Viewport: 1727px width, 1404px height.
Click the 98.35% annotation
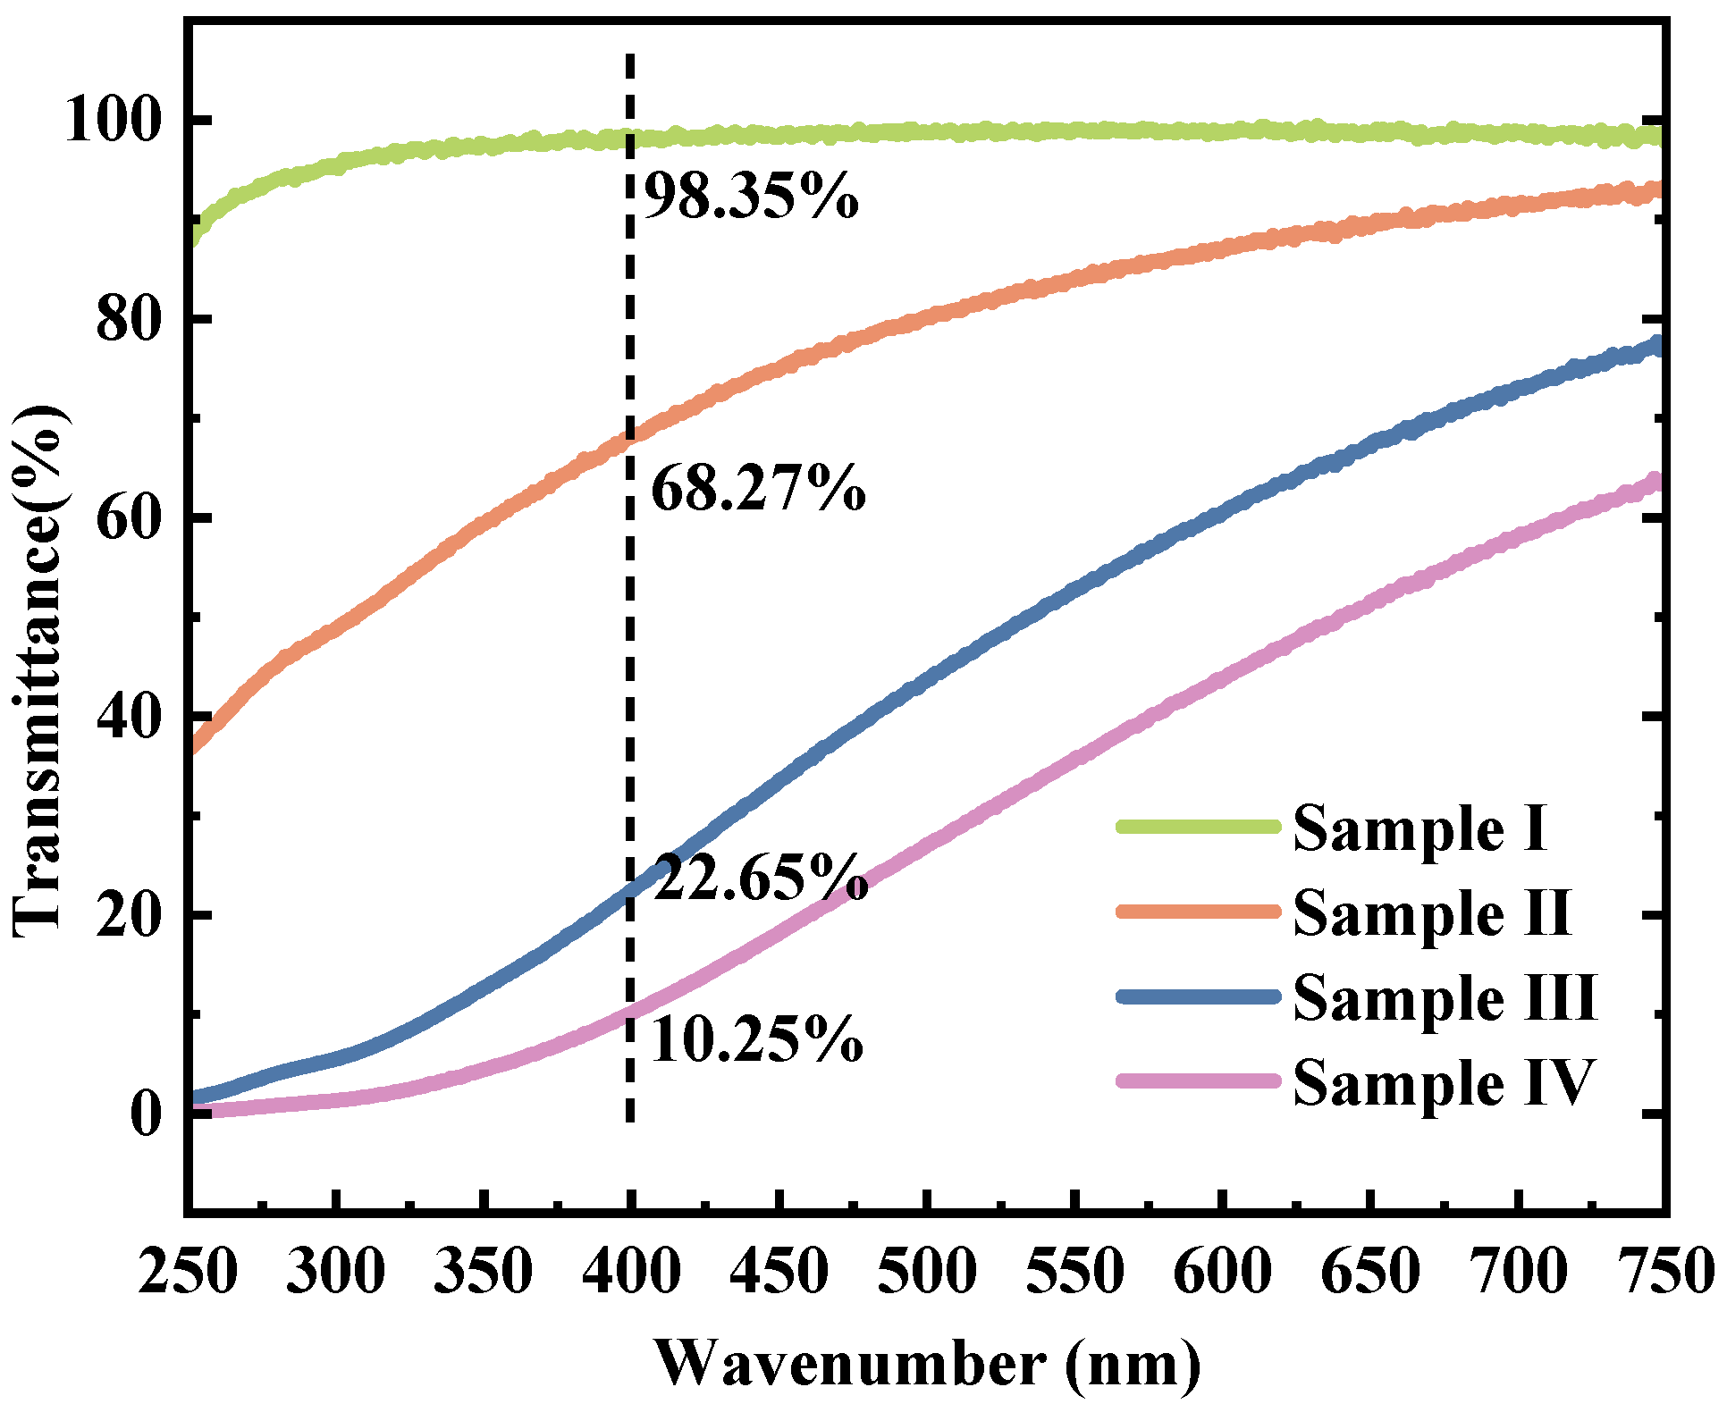point(751,198)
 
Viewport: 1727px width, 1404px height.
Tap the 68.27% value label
point(758,490)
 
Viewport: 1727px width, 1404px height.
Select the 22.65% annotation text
point(761,879)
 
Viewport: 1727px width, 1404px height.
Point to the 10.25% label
point(757,1040)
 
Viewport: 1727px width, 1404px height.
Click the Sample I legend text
point(1420,829)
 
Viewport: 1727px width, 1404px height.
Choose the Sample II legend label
point(1431,913)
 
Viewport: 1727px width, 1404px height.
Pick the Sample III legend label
point(1445,997)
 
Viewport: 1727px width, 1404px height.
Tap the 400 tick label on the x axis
point(631,1271)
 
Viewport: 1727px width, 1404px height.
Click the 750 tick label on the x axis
point(1663,1271)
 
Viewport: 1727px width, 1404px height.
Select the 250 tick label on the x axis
point(189,1271)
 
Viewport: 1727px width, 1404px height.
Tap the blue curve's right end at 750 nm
point(1657,345)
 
